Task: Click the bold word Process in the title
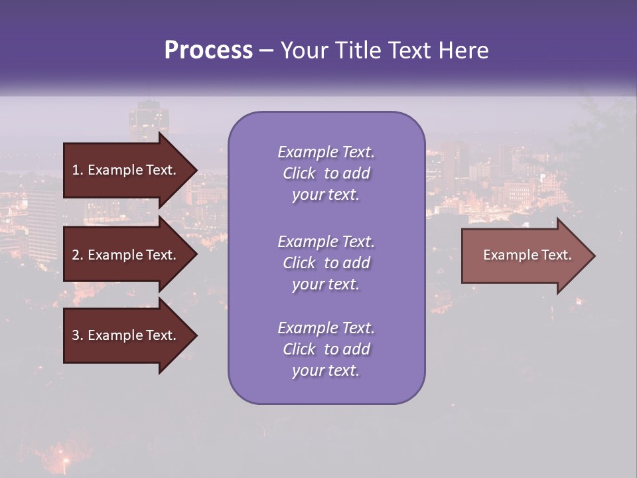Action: (x=208, y=50)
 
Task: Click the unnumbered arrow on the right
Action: (x=524, y=255)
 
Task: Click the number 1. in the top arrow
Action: (x=78, y=170)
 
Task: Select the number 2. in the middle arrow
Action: (x=78, y=255)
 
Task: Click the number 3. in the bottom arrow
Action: (x=78, y=335)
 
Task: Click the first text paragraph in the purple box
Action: (x=326, y=173)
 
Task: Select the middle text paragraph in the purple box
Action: (x=326, y=262)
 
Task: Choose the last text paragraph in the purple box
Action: (x=326, y=349)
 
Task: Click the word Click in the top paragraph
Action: (x=299, y=173)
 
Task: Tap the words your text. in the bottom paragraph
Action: (x=326, y=370)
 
